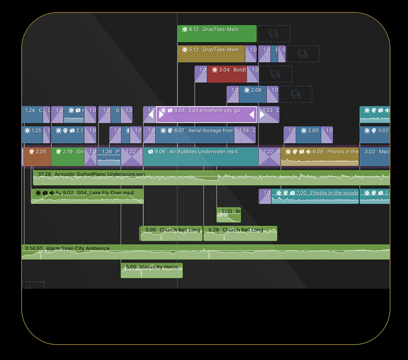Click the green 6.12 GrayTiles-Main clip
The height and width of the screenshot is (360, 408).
click(216, 34)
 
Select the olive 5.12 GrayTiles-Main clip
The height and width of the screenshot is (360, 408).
click(211, 54)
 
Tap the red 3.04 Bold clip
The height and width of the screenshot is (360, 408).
click(227, 74)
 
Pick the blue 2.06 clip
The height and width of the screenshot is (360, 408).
click(253, 94)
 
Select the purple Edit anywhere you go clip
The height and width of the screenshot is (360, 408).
click(207, 115)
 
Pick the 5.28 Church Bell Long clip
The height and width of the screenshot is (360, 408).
click(240, 233)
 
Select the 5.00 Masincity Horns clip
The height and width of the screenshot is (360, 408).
click(151, 271)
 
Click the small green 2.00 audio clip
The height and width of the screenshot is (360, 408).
click(228, 215)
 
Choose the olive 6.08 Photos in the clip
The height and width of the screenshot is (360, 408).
click(319, 157)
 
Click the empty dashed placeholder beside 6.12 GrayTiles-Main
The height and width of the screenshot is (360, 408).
click(274, 34)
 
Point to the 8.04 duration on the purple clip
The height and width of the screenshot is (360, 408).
click(180, 110)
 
